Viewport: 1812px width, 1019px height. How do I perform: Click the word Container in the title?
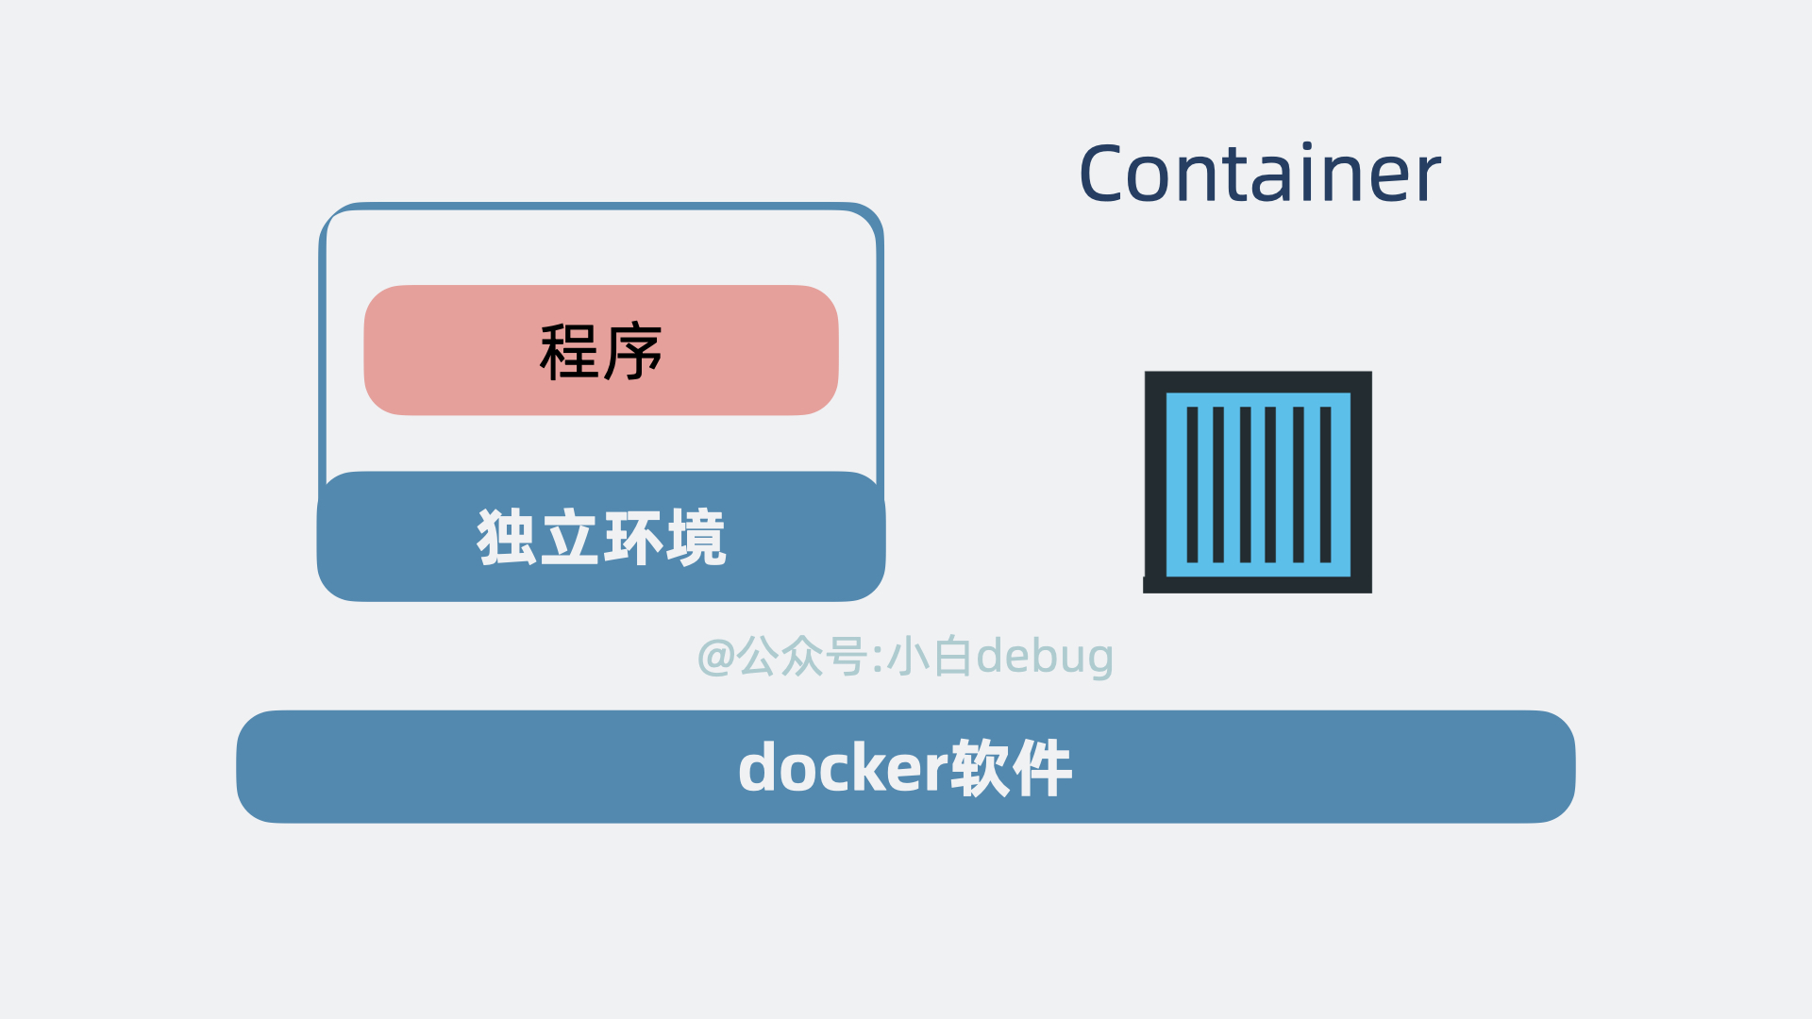pos(1259,174)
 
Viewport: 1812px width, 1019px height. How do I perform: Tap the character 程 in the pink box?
pos(569,352)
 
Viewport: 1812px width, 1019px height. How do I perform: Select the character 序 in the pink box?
pos(633,352)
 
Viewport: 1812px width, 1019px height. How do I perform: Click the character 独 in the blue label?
pos(507,538)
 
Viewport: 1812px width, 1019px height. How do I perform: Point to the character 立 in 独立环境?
pos(570,538)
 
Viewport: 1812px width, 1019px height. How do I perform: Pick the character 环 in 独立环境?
pos(633,538)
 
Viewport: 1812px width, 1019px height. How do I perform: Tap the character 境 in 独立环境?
pos(696,538)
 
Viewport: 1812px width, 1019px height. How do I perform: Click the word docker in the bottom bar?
pos(843,768)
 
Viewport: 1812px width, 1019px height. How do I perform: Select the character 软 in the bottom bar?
pos(981,768)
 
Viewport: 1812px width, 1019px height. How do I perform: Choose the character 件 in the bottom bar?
pos(1043,768)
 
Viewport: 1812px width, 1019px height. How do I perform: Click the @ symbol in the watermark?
pos(716,657)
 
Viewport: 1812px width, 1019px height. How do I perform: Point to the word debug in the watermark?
pos(1045,657)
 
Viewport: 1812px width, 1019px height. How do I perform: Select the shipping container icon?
pos(1258,482)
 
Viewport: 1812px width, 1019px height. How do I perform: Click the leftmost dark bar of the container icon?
pos(1192,484)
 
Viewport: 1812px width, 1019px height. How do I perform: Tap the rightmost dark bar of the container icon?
pos(1325,484)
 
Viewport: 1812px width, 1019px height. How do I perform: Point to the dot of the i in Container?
pos(1307,146)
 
